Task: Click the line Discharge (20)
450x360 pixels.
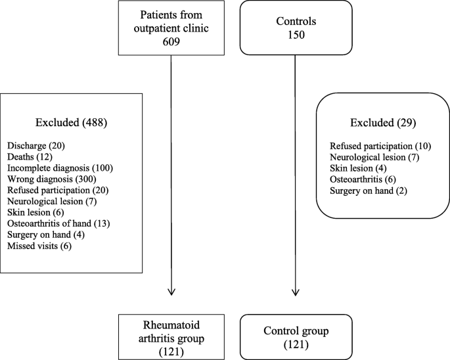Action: (35, 145)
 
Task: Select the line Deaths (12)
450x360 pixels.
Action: (31, 156)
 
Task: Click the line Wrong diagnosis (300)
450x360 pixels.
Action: (52, 179)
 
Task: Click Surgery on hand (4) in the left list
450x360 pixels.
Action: (45, 235)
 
